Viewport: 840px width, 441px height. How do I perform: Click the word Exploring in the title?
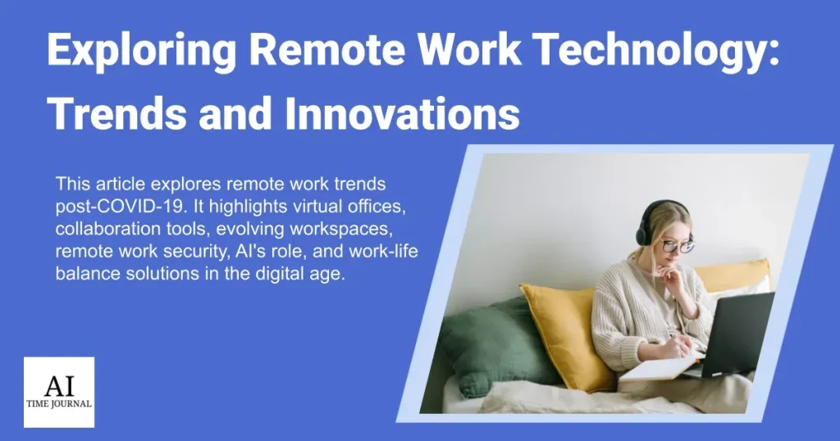(x=142, y=50)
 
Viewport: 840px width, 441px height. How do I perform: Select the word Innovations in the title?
(x=402, y=113)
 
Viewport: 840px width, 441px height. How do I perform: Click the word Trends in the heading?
(x=116, y=113)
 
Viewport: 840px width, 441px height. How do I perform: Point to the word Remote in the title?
(x=327, y=49)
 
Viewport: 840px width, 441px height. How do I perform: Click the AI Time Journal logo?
(x=59, y=393)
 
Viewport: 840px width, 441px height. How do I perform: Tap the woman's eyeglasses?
(x=678, y=246)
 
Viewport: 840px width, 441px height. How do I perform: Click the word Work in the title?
(x=469, y=49)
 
